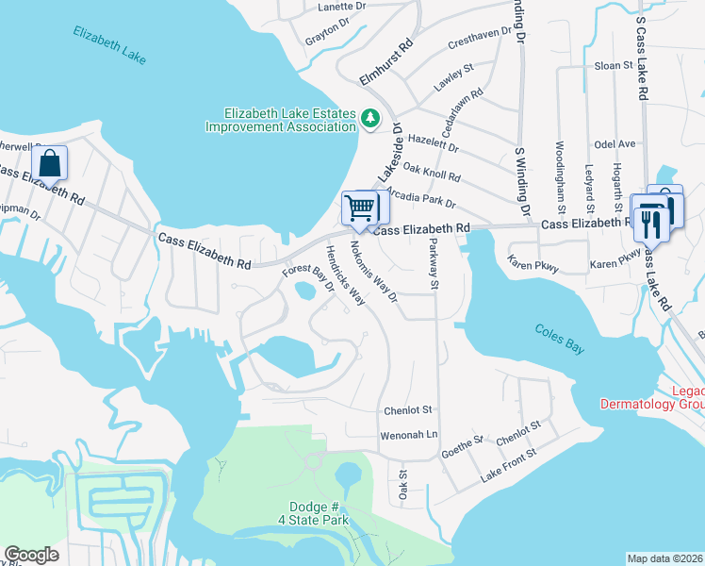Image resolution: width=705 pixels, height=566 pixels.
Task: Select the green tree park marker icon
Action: (x=370, y=119)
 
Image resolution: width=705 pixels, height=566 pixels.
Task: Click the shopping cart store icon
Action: (x=359, y=208)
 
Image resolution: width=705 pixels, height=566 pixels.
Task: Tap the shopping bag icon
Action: (x=50, y=163)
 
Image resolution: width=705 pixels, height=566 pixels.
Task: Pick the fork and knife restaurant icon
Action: (x=649, y=219)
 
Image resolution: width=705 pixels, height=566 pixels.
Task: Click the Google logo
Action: (x=31, y=556)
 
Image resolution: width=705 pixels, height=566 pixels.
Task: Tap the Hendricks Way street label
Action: (x=345, y=275)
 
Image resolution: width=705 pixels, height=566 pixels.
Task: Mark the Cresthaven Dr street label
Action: (x=485, y=36)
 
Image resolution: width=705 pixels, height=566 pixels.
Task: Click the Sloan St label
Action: (x=614, y=65)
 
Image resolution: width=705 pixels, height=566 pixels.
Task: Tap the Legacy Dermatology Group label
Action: (x=652, y=397)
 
